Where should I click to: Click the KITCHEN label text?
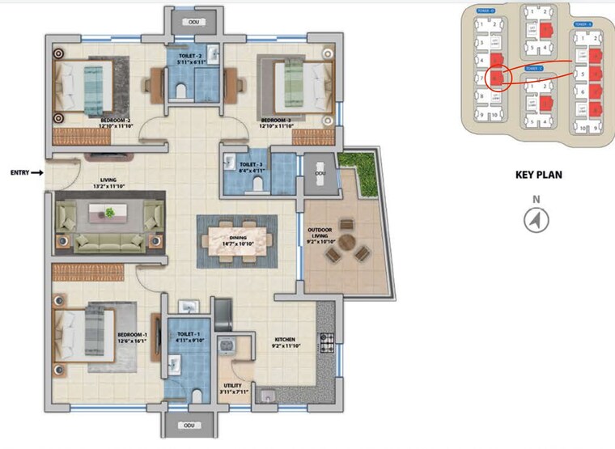[x=284, y=342]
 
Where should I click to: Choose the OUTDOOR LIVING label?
[x=320, y=235]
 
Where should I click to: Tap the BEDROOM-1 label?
[x=131, y=337]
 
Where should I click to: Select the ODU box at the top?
[x=193, y=22]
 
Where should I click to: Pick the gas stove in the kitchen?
[x=328, y=341]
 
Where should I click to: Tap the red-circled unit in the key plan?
[x=499, y=77]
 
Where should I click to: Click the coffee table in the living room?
[x=108, y=213]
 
